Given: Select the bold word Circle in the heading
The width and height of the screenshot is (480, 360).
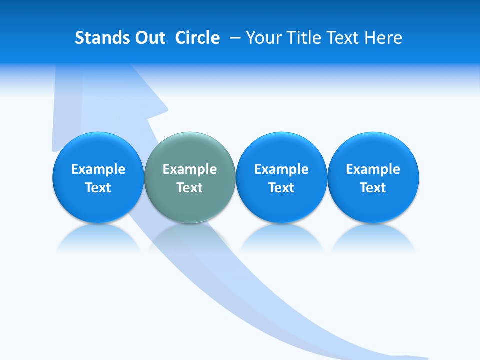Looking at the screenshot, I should pos(197,38).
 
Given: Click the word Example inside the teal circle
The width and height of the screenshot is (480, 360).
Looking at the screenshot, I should pos(190,169).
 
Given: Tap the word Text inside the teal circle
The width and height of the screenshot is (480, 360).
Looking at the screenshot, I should pos(190,188).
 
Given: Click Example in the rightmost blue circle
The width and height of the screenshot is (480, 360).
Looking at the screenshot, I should pos(373,169).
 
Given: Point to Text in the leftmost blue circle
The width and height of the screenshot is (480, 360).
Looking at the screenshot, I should pos(98,188).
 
